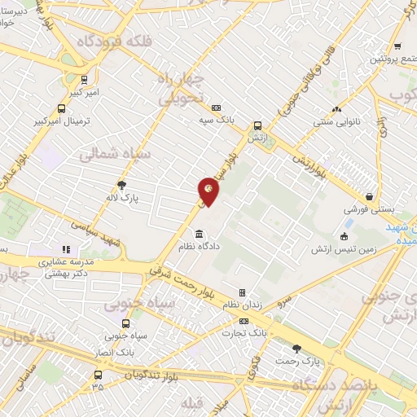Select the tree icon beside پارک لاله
pos(122,185)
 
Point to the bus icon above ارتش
pos(258,125)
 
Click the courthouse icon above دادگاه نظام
pos(200,235)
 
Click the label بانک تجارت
pos(245,333)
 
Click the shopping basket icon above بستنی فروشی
pos(370,196)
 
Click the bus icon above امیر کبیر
pos(84,80)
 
